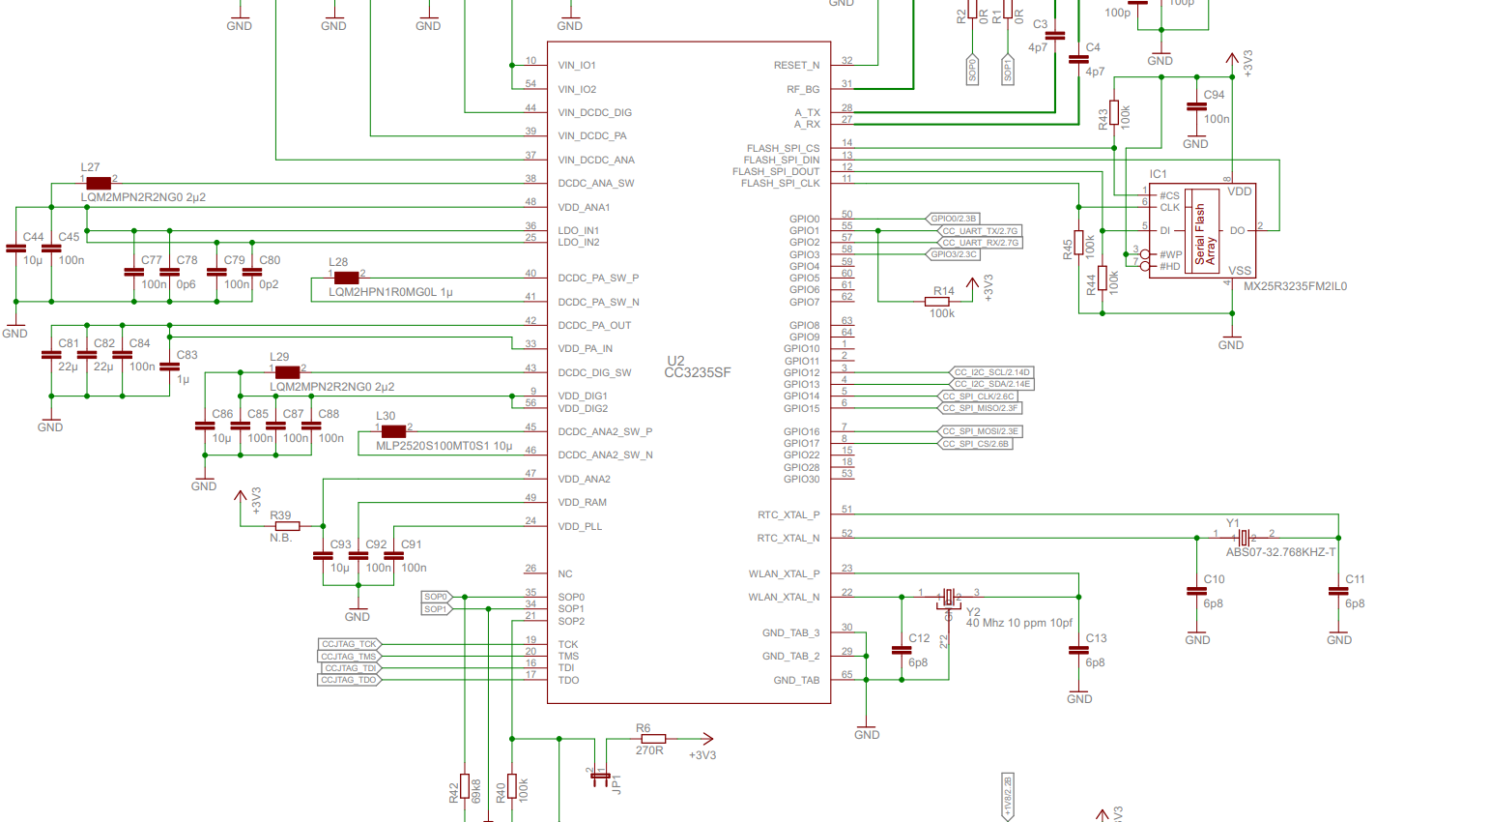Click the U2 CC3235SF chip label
697,367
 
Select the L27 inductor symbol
99,183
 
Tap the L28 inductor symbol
346,278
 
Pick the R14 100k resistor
936,302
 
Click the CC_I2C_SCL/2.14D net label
991,372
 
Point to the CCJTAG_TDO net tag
349,680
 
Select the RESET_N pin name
796,66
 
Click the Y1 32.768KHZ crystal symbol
1245,538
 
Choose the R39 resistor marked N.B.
287,526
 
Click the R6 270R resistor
653,739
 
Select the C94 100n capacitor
1196,107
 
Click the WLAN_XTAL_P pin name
784,574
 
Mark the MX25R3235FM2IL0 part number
1295,286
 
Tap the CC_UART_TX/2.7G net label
980,231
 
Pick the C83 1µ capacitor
169,367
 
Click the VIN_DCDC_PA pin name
592,136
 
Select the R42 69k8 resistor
465,786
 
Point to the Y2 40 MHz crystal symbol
949,598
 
